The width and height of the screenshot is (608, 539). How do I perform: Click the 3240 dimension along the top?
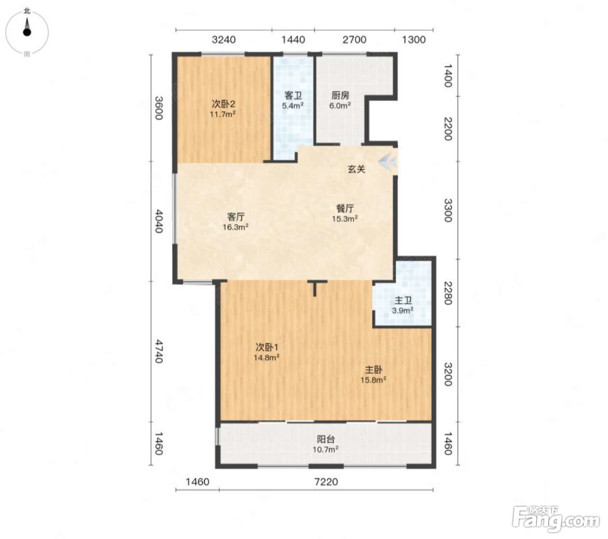point(223,40)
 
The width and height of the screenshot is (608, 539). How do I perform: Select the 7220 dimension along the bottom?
point(326,482)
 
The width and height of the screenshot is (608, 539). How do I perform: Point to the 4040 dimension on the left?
point(158,221)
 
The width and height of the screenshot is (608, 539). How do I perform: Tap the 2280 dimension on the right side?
point(448,293)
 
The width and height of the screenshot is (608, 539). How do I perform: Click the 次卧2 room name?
point(223,104)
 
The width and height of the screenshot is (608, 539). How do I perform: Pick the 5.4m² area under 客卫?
point(292,106)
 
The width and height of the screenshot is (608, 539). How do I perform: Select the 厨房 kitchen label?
point(340,96)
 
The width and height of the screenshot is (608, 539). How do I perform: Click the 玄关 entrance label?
point(357,169)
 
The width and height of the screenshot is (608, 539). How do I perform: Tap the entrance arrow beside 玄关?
point(388,162)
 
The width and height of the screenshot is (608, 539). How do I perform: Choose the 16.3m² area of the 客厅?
point(235,227)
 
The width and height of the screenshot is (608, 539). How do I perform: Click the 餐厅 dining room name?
point(345,208)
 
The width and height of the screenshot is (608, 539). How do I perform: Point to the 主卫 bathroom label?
point(403,300)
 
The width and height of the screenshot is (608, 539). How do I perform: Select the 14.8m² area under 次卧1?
point(267,358)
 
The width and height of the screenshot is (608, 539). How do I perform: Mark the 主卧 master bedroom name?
point(373,370)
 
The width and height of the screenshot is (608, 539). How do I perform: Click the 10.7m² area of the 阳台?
point(326,449)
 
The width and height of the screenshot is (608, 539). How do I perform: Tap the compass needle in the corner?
point(28,28)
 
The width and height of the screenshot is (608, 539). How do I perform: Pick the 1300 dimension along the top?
point(414,40)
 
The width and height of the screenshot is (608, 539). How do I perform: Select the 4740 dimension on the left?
point(158,351)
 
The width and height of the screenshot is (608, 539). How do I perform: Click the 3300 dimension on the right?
point(448,210)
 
